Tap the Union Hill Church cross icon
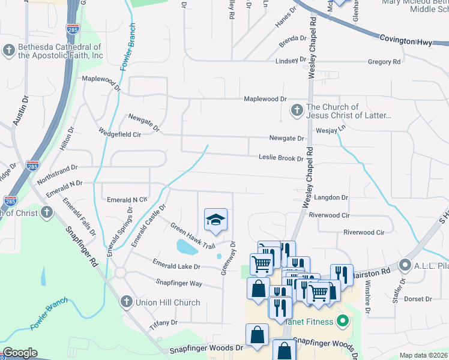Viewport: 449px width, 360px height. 126,302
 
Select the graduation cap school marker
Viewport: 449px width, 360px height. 215,220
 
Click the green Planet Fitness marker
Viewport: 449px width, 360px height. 342,322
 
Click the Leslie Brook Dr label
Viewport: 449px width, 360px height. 281,158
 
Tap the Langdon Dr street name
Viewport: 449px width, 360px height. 331,197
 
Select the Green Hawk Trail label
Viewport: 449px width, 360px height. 192,236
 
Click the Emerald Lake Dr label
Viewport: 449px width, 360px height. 176,265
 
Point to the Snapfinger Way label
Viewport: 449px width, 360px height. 179,283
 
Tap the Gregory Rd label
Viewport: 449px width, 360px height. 384,62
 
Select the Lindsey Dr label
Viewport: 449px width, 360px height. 291,61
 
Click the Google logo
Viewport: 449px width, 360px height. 20,353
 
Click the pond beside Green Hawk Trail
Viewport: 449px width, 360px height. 185,247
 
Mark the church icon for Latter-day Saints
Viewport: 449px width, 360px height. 297,110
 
